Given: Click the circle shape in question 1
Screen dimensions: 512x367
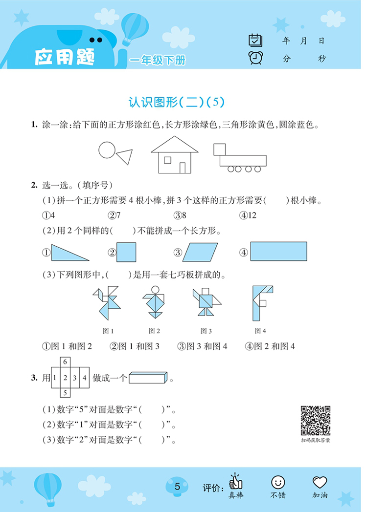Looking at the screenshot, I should (x=107, y=150).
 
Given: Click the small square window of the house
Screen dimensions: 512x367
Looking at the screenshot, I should (x=167, y=160).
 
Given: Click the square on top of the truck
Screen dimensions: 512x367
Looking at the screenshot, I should (x=220, y=149).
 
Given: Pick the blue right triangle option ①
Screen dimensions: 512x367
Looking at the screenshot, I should (x=69, y=254).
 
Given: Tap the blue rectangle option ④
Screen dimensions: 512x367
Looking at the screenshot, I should (x=278, y=252).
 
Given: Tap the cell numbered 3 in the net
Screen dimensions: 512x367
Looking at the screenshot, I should (x=75, y=377).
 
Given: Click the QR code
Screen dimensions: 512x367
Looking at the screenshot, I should (x=316, y=420).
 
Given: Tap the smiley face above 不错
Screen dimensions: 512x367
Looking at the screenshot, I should (x=277, y=482).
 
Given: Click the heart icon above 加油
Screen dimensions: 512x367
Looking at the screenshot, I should (x=320, y=482).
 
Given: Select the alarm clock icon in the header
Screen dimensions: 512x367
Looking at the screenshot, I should (x=255, y=58).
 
